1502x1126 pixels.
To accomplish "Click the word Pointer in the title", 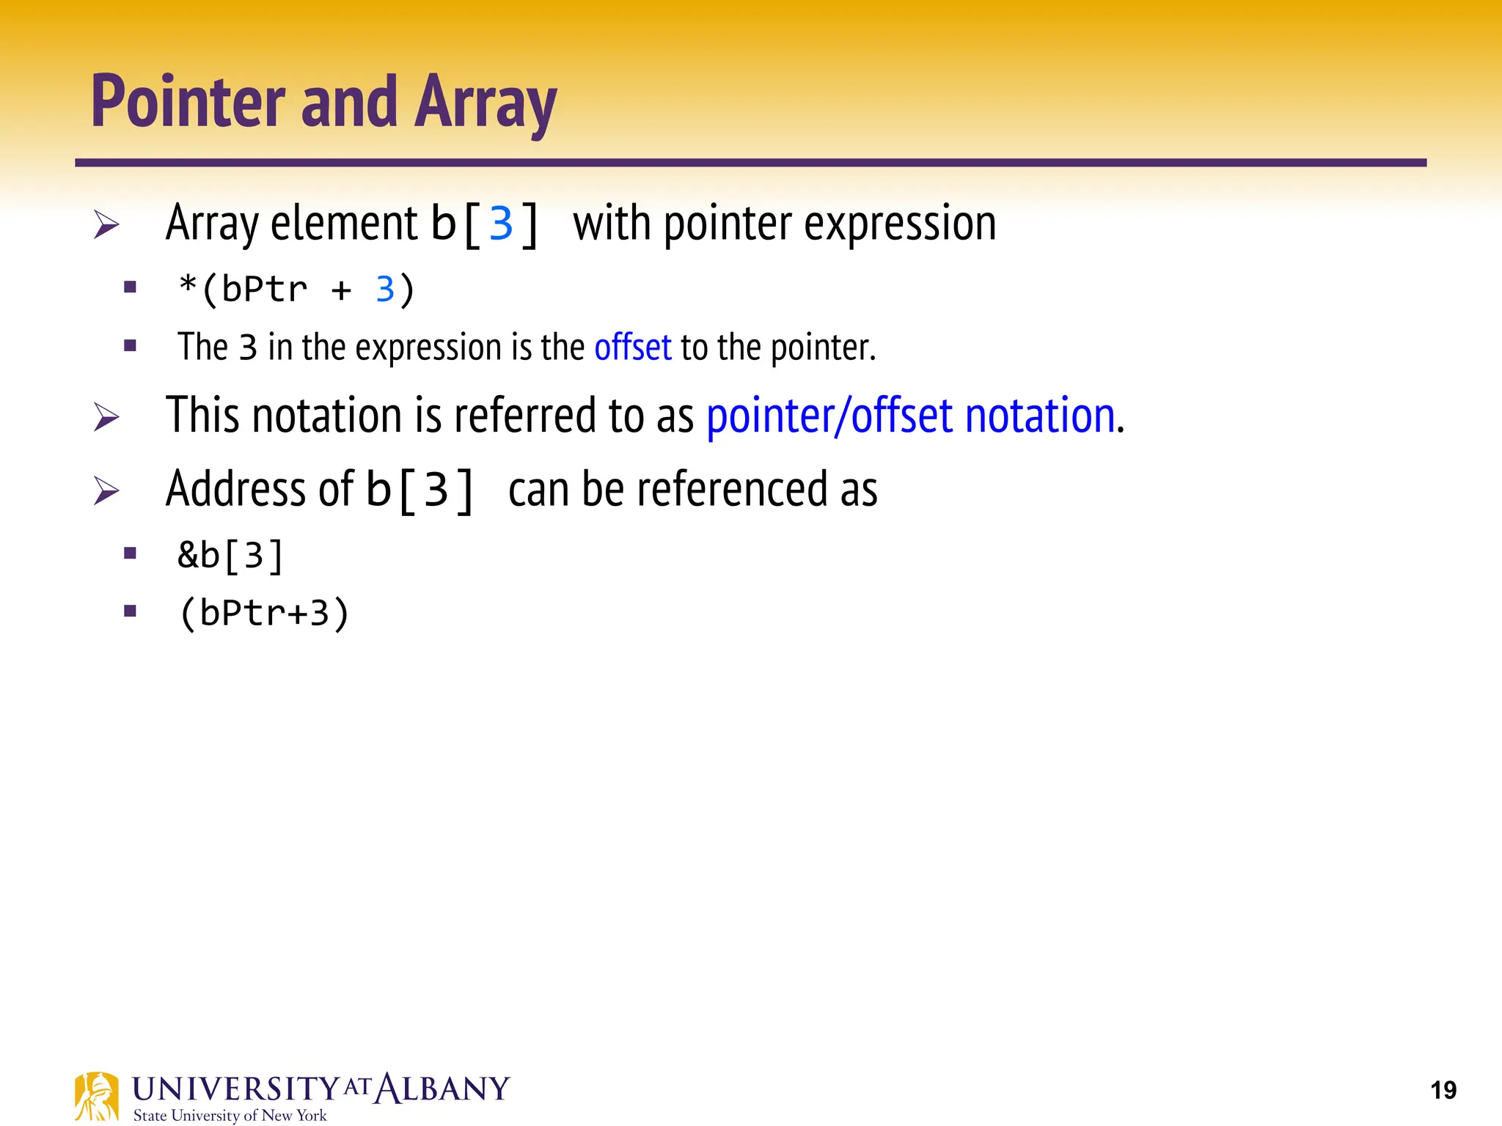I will [x=188, y=103].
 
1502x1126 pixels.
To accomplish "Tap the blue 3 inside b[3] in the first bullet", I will [x=501, y=224].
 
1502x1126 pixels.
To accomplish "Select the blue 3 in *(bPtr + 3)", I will [x=385, y=290].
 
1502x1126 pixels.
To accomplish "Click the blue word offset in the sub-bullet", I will [x=632, y=347].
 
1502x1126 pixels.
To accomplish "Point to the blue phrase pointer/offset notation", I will [x=911, y=416].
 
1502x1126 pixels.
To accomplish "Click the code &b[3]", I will [x=230, y=556].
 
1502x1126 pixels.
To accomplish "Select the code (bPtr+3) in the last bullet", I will [x=264, y=613].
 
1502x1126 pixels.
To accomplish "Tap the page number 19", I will [x=1443, y=1090].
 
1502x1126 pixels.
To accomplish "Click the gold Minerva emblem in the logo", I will [x=96, y=1096].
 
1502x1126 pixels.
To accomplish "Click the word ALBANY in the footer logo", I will [x=442, y=1089].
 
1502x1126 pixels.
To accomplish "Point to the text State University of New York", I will [x=230, y=1116].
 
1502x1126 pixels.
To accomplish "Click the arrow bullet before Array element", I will [x=106, y=224].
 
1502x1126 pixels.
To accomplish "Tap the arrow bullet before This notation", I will [x=106, y=417].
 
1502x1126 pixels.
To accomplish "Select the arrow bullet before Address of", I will [x=106, y=490].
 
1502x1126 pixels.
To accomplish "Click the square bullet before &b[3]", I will [x=131, y=553].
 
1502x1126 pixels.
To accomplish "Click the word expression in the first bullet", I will [x=900, y=224].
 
